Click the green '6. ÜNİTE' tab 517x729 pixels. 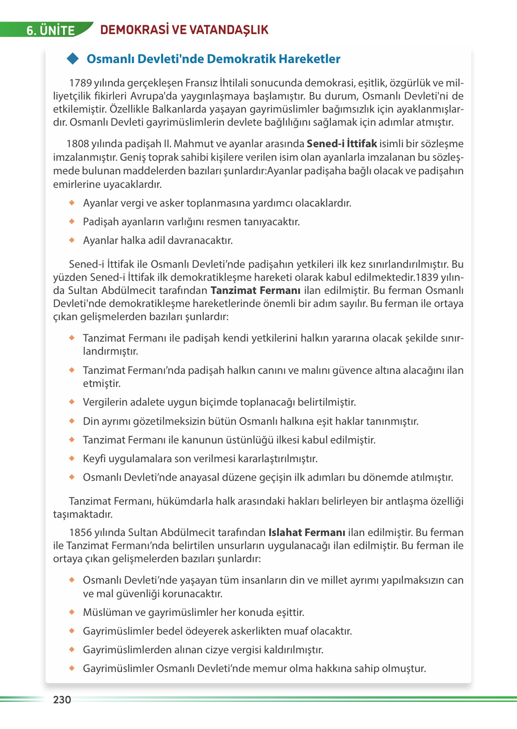click(50, 30)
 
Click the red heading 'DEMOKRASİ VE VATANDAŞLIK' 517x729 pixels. click(184, 30)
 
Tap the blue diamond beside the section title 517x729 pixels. click(72, 59)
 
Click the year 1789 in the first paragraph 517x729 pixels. click(80, 83)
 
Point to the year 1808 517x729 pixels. click(78, 144)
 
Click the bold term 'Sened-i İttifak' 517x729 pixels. click(342, 144)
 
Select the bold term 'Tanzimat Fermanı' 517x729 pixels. click(255, 291)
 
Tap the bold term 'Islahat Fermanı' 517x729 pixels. click(307, 533)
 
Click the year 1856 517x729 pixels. click(80, 533)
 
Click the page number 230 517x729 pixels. click(62, 700)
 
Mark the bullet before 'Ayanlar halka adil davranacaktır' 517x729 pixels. click(72, 240)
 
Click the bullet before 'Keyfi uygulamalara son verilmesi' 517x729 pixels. click(72, 458)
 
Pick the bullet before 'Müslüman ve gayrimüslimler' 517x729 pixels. click(72, 612)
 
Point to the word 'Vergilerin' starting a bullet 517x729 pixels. click(105, 402)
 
